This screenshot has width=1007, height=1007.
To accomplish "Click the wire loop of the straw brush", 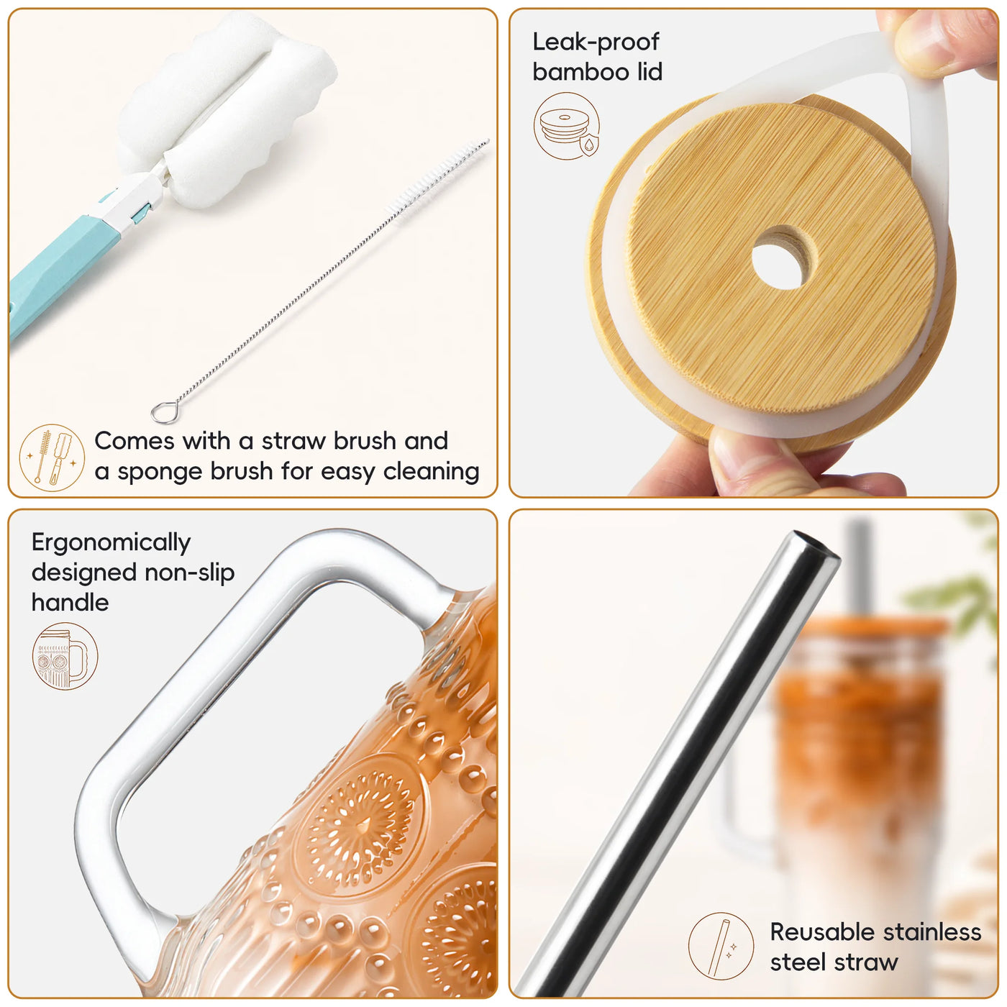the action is [163, 411].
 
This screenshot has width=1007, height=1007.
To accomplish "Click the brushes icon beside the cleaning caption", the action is [52, 457].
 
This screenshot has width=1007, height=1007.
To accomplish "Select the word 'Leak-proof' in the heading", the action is [596, 42].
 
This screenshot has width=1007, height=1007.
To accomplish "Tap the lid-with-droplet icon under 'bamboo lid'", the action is [567, 126].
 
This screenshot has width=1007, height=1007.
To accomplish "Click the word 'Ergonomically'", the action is [111, 544].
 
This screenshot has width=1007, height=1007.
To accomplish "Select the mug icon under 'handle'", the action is [65, 656].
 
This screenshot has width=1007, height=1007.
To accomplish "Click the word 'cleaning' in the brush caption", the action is [431, 472].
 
